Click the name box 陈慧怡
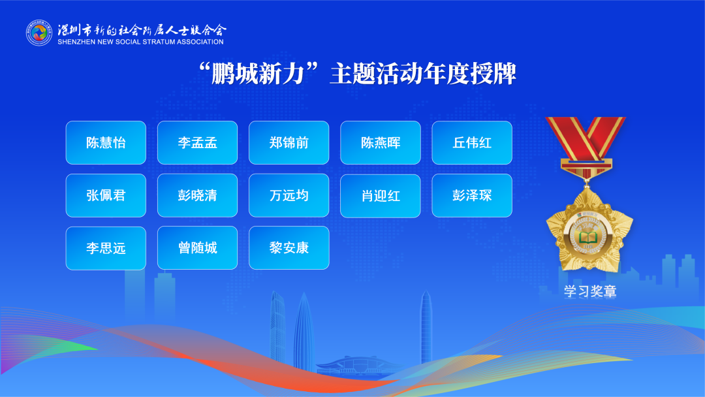106,142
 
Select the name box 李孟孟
197,142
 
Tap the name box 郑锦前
289,142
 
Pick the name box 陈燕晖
381,142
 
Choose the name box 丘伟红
472,142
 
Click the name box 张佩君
106,196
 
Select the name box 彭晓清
197,196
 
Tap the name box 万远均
289,196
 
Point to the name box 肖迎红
381,196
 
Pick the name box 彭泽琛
472,196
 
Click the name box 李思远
106,248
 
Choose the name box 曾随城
197,247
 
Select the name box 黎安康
289,247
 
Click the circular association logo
39,33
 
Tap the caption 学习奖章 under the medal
590,291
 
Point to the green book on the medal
587,238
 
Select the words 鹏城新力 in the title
258,74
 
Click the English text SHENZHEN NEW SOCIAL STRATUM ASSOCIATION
140,42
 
